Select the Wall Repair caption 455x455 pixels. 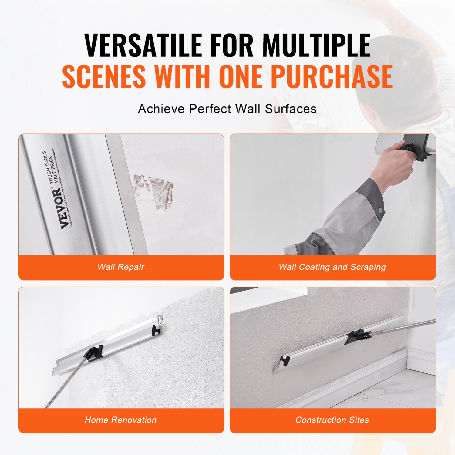[x=121, y=267]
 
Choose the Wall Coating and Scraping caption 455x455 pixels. [x=332, y=267]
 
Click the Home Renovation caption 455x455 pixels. [x=121, y=420]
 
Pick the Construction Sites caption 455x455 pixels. [x=332, y=420]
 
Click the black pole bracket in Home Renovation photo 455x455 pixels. [x=95, y=352]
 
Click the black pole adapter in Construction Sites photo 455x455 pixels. [x=357, y=336]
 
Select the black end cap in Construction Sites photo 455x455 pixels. [x=285, y=361]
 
